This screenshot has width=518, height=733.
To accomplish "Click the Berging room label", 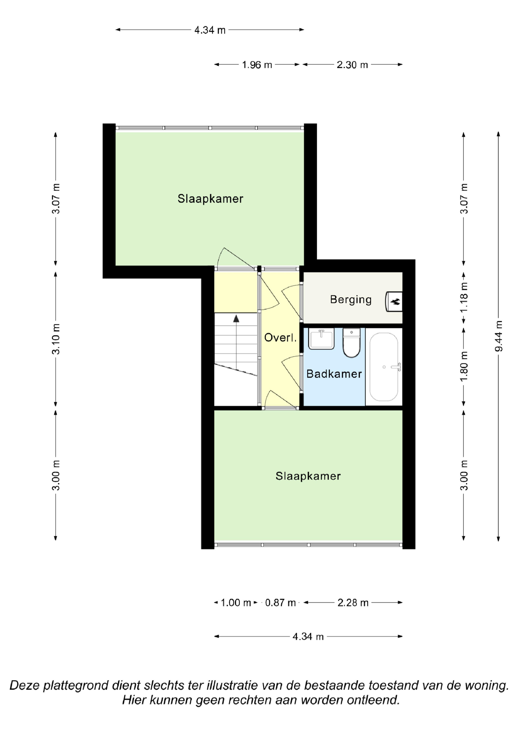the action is tap(351, 300).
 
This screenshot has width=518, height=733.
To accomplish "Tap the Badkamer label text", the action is tap(334, 374).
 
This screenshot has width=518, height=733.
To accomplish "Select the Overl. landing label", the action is tap(280, 337).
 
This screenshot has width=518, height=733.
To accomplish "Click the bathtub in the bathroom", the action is tap(384, 367).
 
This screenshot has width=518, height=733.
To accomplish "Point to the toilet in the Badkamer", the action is tap(351, 343).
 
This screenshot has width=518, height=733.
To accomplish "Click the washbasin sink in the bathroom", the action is tap(321, 339).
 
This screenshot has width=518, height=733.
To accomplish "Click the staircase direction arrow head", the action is tap(236, 318).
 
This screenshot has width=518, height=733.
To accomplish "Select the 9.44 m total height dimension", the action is tap(499, 336).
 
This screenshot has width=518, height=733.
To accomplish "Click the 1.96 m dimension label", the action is tap(257, 65).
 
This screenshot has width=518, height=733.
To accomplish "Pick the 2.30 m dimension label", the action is tap(352, 65).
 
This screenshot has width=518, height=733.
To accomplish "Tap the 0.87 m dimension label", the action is tap(280, 603).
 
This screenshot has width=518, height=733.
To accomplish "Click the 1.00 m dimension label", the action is tap(236, 603).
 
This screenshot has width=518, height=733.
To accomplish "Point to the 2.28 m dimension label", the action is tap(353, 603).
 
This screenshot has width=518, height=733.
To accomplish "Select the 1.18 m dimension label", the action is tap(464, 297).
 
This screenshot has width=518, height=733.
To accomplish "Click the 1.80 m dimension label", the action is tap(464, 366).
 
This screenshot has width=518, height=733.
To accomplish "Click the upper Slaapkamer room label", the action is tap(210, 198).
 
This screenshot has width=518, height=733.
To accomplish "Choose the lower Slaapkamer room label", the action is tap(308, 476).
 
